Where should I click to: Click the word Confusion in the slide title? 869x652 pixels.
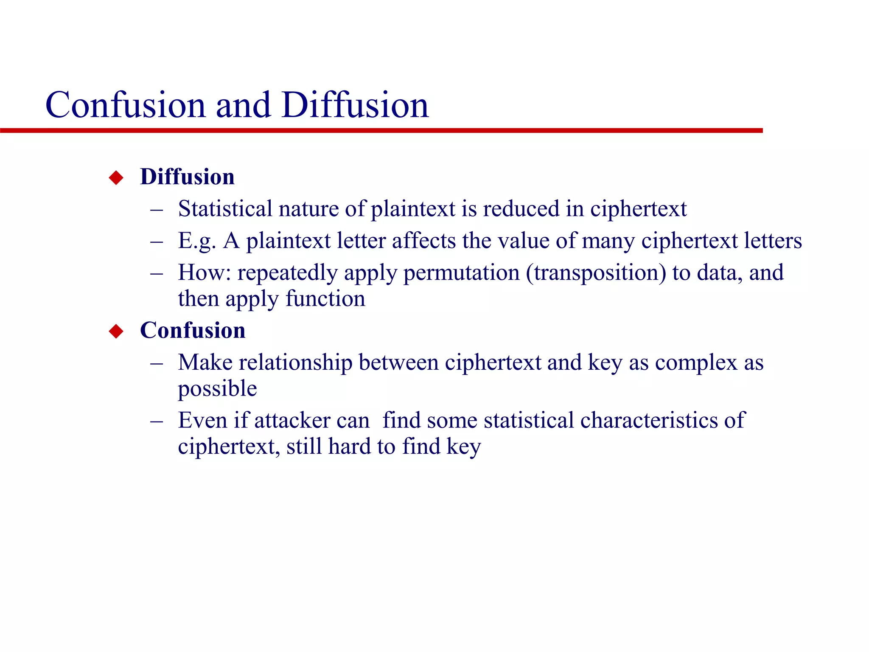click(126, 105)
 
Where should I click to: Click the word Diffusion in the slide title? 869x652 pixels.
click(355, 105)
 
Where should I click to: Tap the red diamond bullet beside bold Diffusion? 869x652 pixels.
click(116, 177)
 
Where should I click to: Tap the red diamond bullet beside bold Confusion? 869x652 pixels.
click(116, 331)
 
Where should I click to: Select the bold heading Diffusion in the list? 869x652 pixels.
click(187, 177)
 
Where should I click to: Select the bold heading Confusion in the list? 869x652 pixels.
click(193, 330)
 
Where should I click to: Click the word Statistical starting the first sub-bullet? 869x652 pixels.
click(225, 208)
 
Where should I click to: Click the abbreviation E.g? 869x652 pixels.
click(197, 241)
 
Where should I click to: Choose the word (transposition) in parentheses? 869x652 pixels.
click(596, 273)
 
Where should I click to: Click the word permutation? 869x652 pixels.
click(461, 273)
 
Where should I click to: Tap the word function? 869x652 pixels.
click(325, 298)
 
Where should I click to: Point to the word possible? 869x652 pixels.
click(217, 389)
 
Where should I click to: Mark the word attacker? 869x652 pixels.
click(292, 420)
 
